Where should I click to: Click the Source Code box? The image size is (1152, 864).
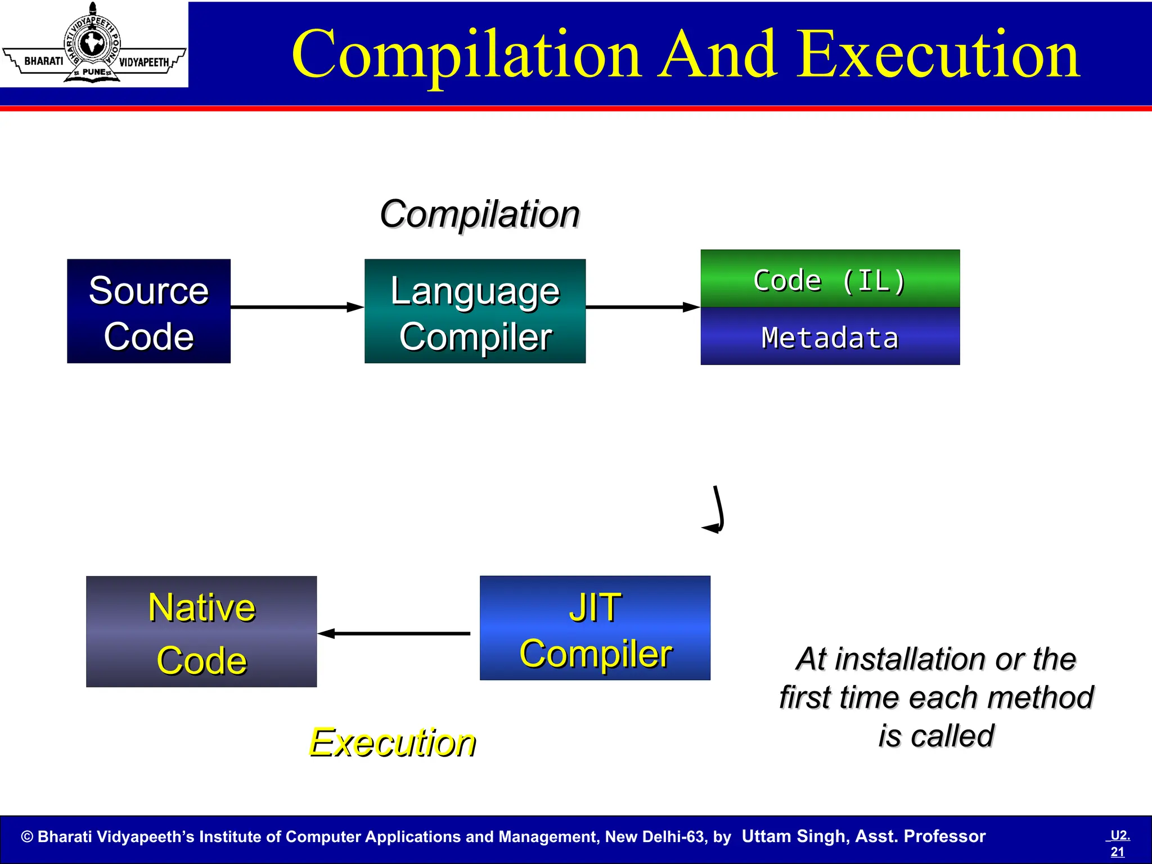pyautogui.click(x=148, y=311)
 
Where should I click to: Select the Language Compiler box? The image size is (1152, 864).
pyautogui.click(x=475, y=311)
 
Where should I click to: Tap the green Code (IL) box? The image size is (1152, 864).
pyautogui.click(x=830, y=279)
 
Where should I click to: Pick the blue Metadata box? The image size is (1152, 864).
pyautogui.click(x=830, y=337)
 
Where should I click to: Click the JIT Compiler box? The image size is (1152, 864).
pyautogui.click(x=595, y=628)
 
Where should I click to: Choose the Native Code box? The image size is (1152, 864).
pyautogui.click(x=201, y=632)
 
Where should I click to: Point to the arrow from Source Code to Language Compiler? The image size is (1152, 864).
pyautogui.click(x=297, y=307)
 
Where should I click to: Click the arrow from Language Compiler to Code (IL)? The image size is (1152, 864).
pyautogui.click(x=642, y=307)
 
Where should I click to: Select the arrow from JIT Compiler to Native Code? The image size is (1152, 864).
pyautogui.click(x=394, y=633)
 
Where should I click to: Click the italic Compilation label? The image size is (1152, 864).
pyautogui.click(x=479, y=214)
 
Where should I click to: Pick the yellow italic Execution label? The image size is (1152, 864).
pyautogui.click(x=392, y=742)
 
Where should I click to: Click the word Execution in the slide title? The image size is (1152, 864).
pyautogui.click(x=938, y=55)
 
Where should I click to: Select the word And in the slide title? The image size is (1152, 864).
pyautogui.click(x=719, y=55)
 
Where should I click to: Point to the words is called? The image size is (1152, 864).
pyautogui.click(x=936, y=736)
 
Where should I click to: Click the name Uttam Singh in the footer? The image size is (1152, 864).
pyautogui.click(x=794, y=836)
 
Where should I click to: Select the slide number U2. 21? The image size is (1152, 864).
pyautogui.click(x=1119, y=843)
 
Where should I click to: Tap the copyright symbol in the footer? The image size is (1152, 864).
pyautogui.click(x=27, y=837)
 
